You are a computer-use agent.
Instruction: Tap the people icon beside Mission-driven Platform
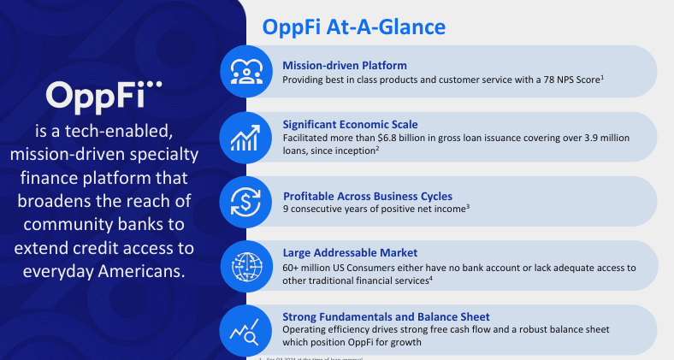point(245,72)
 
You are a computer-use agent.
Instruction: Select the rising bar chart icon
point(245,135)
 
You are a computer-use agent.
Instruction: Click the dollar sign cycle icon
point(245,200)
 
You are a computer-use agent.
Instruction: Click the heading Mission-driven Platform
point(345,65)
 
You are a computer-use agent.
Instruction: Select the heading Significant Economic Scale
point(351,124)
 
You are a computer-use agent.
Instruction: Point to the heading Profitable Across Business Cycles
point(367,194)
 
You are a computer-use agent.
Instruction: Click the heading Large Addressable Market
point(350,253)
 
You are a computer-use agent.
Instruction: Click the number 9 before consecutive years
point(287,208)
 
